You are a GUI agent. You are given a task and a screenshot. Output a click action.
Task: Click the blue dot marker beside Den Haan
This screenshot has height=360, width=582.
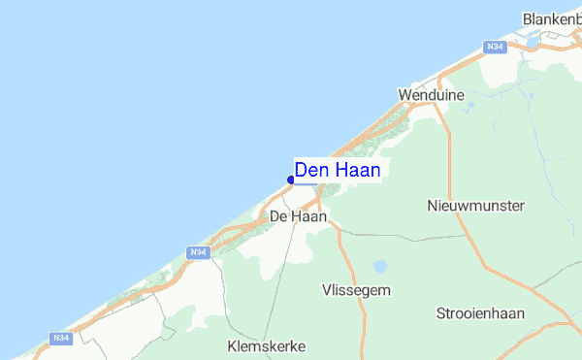point(291,180)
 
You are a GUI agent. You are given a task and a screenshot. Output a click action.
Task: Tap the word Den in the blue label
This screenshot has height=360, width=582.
point(312,170)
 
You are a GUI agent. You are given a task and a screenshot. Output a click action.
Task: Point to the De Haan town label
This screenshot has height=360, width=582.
point(298,216)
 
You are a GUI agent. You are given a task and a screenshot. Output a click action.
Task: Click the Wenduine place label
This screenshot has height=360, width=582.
point(432,95)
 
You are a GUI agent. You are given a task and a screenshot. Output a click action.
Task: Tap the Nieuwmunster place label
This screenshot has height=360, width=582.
point(475,206)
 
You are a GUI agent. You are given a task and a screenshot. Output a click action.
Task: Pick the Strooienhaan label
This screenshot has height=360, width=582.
point(481,313)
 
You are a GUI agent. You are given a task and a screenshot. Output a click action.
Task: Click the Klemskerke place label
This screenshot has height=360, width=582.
point(266,345)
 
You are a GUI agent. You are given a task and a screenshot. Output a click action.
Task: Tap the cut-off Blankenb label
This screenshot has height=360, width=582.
point(551,18)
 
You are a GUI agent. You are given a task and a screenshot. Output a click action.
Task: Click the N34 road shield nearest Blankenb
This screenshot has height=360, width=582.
point(496,47)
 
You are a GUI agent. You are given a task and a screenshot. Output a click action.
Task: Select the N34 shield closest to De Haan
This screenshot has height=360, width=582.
point(197,252)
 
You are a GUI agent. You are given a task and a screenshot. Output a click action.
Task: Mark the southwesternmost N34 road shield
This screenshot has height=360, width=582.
point(60,338)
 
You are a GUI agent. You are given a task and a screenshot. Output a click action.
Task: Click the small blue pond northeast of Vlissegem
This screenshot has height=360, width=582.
point(380,265)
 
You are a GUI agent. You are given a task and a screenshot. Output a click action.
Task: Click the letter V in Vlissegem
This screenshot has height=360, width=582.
point(327,290)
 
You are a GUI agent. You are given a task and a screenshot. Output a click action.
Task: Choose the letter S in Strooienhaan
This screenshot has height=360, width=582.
point(441,313)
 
